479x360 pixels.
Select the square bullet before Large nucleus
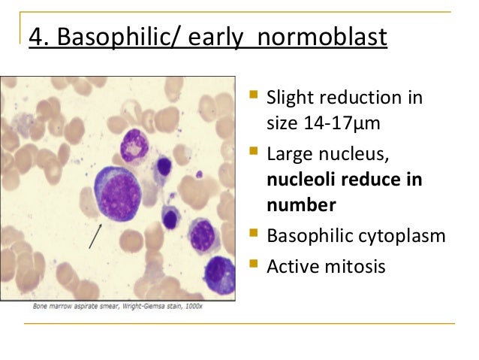(255, 156)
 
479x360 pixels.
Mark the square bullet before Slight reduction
(255, 98)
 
